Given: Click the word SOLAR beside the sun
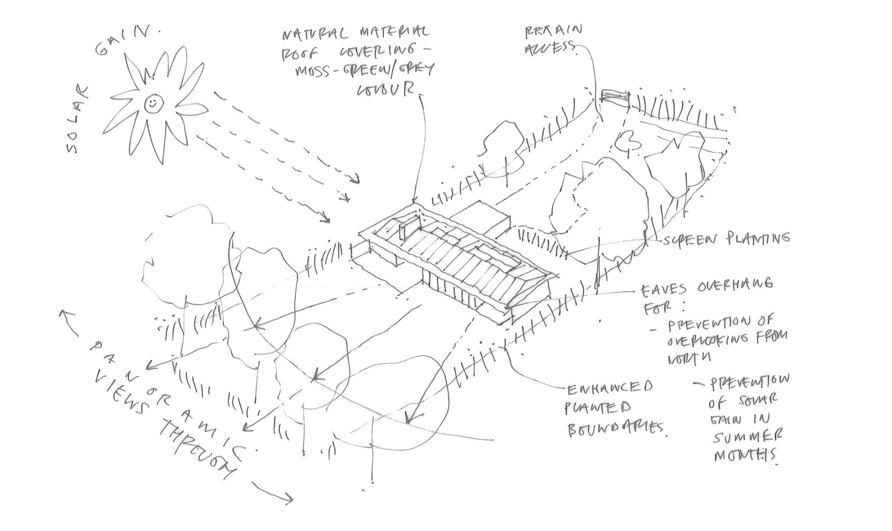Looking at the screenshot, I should tap(79, 120).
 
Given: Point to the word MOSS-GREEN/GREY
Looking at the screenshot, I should tap(364, 71).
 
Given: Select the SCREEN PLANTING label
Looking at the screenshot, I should tap(725, 239).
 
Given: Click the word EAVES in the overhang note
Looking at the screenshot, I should tap(666, 289).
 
